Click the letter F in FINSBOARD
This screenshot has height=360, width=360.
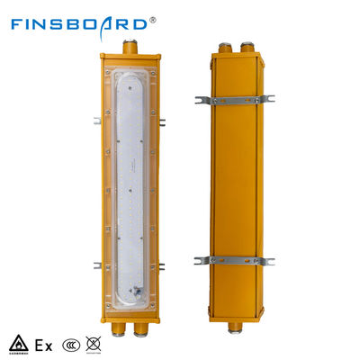18,20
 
